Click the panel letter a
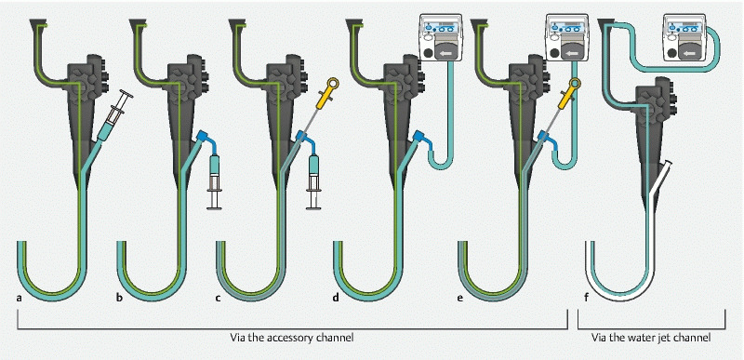pyautogui.click(x=20, y=299)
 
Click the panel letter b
pyautogui.click(x=119, y=299)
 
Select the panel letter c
pyautogui.click(x=218, y=299)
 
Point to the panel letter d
pyautogui.click(x=337, y=299)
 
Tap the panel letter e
pyautogui.click(x=460, y=299)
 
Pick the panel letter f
pyautogui.click(x=586, y=299)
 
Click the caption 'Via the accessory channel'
pyautogui.click(x=292, y=338)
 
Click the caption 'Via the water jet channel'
pyautogui.click(x=651, y=338)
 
